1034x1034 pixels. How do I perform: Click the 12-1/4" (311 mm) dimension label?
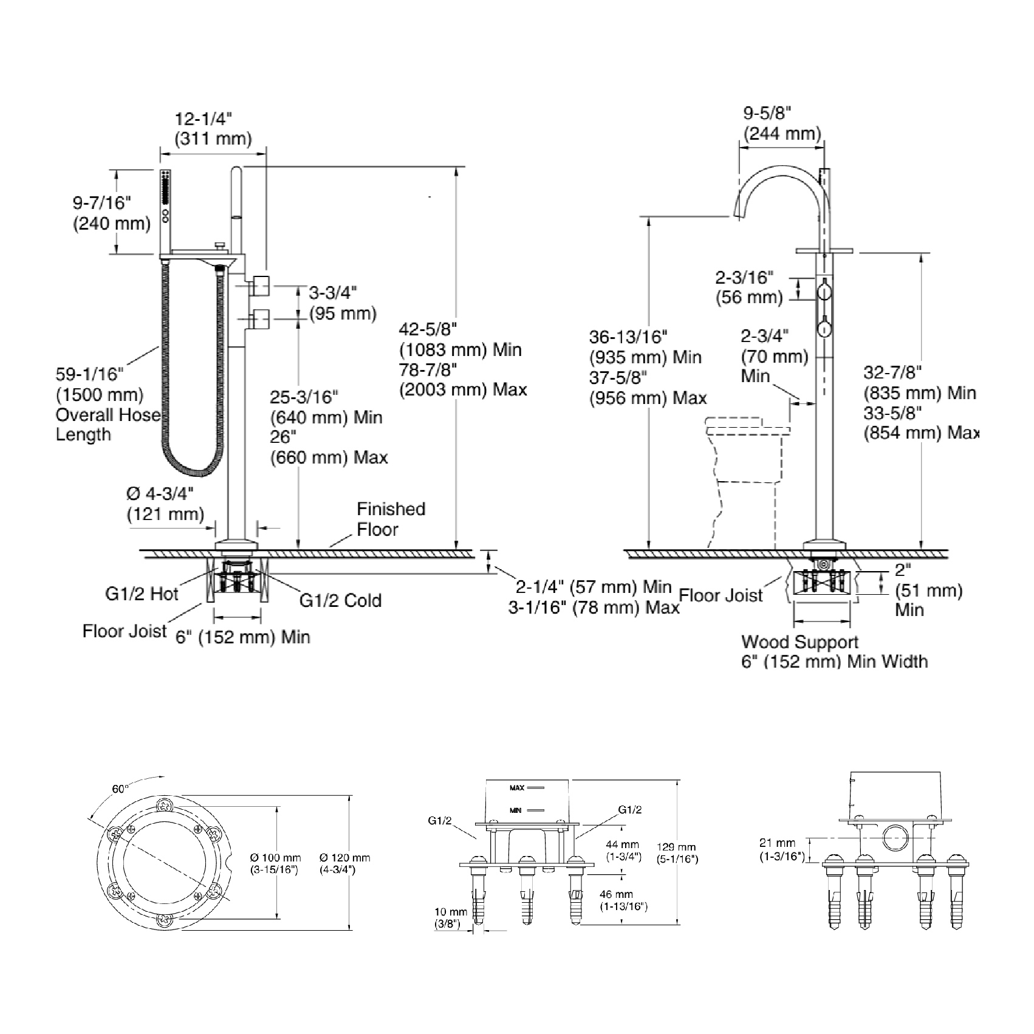pos(213,129)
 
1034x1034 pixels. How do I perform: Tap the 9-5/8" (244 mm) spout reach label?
pos(782,123)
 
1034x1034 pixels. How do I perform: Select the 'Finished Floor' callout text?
pos(391,519)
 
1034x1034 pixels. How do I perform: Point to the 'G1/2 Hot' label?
pos(142,594)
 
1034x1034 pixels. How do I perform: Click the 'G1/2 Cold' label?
pos(340,600)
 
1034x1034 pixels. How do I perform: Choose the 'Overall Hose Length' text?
pos(108,425)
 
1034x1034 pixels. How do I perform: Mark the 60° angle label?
pos(120,789)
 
